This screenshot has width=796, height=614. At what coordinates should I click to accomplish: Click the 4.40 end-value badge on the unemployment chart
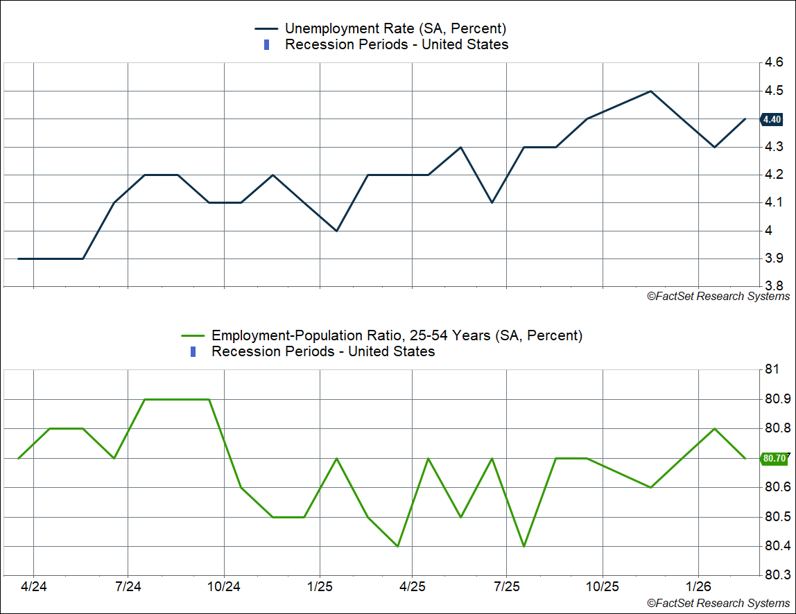click(x=772, y=119)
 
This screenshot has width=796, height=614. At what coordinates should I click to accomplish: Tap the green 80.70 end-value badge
click(x=773, y=458)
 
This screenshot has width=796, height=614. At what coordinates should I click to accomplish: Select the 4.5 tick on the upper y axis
click(x=774, y=91)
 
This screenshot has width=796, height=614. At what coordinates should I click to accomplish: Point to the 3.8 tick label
click(x=774, y=286)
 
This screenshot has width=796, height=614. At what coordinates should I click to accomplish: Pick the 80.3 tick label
click(x=776, y=574)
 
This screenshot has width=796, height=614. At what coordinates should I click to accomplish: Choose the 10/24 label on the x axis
click(x=224, y=586)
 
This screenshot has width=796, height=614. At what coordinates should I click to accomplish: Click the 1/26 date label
click(x=698, y=586)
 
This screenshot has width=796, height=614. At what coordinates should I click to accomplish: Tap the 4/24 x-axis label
click(x=34, y=586)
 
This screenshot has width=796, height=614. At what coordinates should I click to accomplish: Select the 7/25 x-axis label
click(x=507, y=586)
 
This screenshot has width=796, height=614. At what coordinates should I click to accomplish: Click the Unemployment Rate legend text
click(x=395, y=28)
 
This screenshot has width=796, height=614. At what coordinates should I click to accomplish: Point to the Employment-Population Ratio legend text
click(x=397, y=335)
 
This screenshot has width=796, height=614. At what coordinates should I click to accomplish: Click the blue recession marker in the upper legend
click(x=267, y=45)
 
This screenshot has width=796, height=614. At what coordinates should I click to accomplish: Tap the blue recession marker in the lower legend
click(x=193, y=352)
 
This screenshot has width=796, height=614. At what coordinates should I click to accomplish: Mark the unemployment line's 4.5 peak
click(x=650, y=91)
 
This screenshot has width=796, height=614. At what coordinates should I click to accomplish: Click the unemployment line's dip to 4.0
click(x=336, y=231)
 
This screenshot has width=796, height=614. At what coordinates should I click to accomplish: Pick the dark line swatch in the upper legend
click(x=266, y=28)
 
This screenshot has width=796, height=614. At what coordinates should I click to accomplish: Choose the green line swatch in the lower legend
click(x=193, y=335)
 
